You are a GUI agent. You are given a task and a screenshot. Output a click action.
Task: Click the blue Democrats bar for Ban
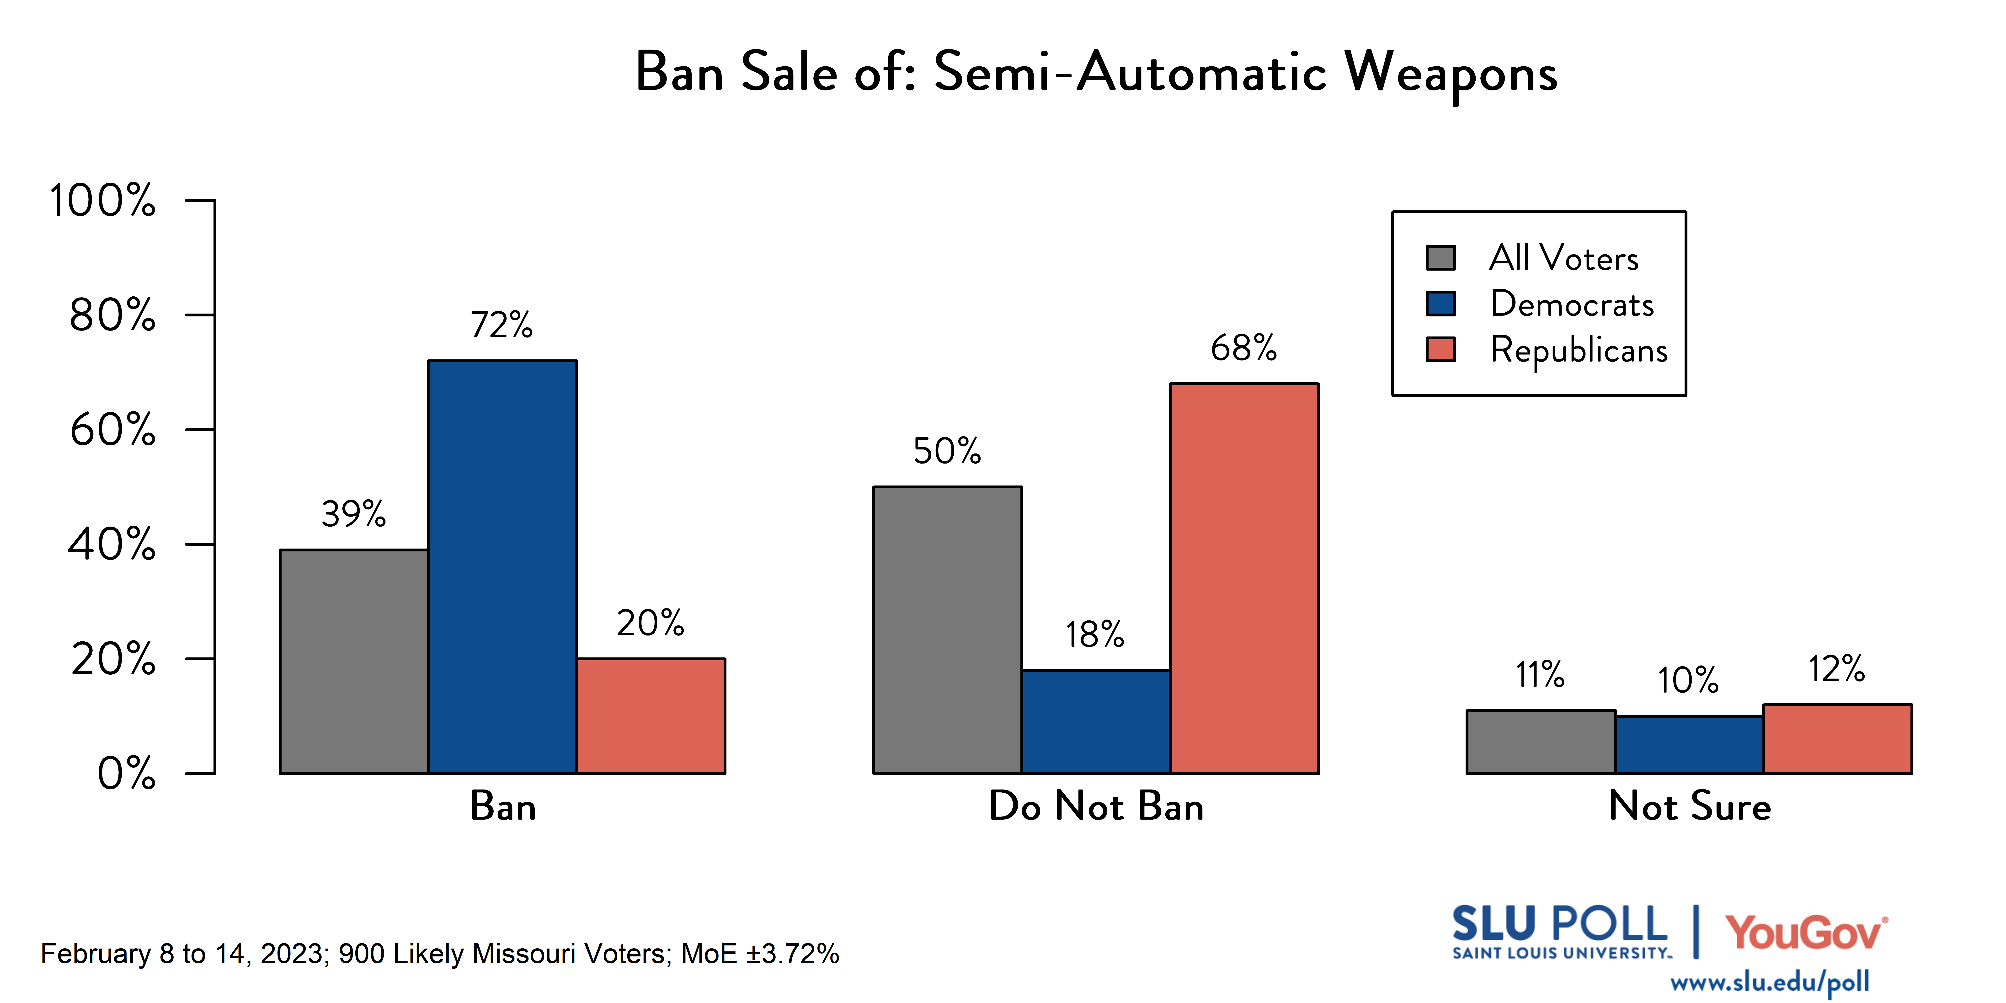pos(502,567)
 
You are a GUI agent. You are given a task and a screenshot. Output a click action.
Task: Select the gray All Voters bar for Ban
pos(353,662)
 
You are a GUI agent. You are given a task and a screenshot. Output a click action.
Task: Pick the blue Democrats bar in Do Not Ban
pos(1096,721)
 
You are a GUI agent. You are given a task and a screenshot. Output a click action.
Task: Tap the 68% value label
pos(1244,348)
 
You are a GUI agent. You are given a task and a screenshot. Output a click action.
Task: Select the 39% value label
pos(353,514)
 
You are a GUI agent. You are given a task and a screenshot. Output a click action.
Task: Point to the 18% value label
pos(1095,635)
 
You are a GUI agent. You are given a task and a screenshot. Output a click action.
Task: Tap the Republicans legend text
pos(1579,350)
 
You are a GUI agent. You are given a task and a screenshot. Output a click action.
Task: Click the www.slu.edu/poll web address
pos(1769,982)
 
